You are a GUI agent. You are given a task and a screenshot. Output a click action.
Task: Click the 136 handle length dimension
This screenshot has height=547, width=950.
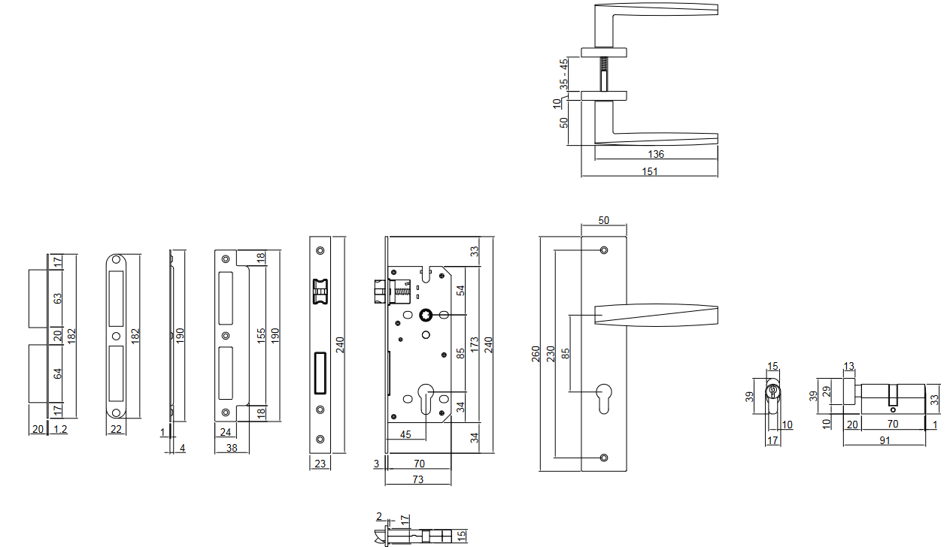tap(655, 154)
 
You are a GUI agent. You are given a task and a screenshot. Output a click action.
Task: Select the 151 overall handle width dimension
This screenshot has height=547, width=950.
tap(650, 171)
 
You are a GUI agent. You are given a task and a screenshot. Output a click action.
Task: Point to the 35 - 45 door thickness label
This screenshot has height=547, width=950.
tap(563, 74)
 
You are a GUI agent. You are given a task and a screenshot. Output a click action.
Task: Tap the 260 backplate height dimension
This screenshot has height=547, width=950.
tap(536, 353)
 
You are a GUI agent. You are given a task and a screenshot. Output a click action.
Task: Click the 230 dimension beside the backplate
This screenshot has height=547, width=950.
tap(551, 353)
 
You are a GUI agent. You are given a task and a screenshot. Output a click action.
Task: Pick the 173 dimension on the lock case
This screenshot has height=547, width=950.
tap(474, 346)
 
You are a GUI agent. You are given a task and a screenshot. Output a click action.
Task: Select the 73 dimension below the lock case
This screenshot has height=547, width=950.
tap(418, 479)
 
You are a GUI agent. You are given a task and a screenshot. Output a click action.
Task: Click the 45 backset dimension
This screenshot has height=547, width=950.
tap(405, 434)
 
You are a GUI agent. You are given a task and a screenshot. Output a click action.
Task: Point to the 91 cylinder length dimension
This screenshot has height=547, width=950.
tap(885, 440)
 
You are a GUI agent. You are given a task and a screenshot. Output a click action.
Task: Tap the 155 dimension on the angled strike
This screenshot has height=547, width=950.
tap(261, 334)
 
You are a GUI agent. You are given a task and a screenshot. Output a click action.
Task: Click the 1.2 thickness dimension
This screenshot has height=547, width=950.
tap(60, 429)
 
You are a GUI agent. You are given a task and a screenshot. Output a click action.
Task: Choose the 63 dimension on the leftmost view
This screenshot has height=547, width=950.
tap(58, 298)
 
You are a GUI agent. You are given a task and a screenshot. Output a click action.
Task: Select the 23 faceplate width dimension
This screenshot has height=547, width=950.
tap(320, 464)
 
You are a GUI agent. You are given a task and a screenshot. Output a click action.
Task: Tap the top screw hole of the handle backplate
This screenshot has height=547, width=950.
tap(604, 249)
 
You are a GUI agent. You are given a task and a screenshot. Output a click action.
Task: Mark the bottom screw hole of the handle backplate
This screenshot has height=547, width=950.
tap(604, 457)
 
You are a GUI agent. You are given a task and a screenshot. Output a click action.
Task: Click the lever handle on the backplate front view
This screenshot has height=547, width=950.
tap(654, 315)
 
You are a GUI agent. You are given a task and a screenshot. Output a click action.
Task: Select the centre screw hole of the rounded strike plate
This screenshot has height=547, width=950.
tap(116, 335)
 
